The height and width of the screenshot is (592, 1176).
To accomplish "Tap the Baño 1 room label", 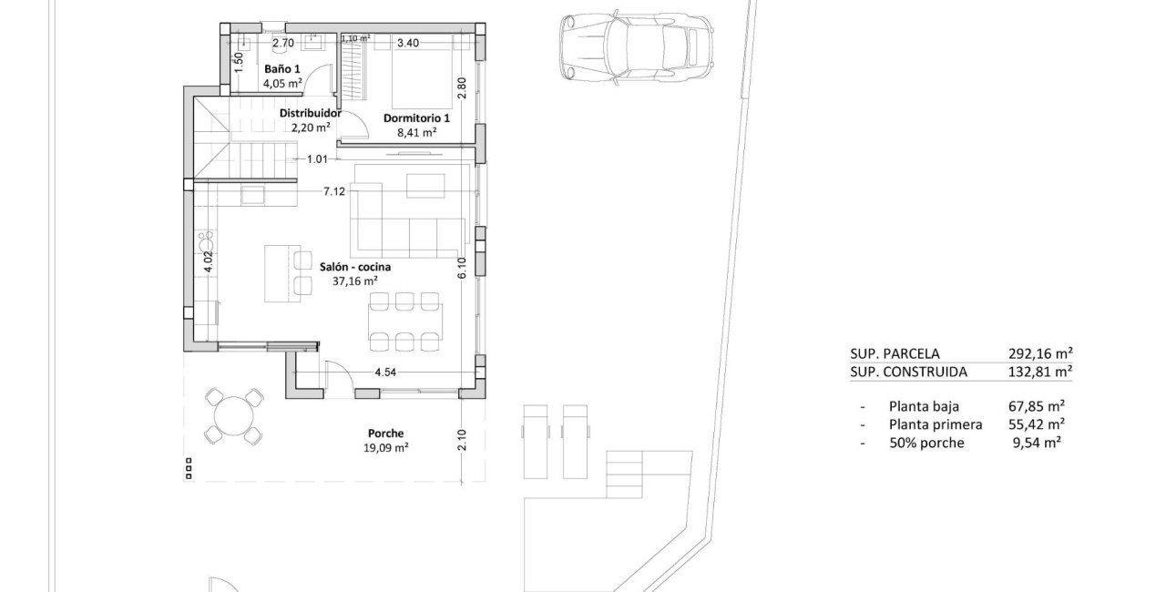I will click(x=281, y=69).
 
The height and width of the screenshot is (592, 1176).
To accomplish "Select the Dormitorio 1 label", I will click(x=417, y=118).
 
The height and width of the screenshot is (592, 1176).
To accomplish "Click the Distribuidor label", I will click(x=310, y=114).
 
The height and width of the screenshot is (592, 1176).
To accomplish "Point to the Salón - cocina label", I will click(x=355, y=267).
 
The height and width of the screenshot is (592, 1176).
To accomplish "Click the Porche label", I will click(x=385, y=434).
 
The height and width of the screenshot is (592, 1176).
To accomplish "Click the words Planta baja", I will click(x=923, y=407).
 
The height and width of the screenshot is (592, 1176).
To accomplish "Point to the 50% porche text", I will click(x=925, y=443).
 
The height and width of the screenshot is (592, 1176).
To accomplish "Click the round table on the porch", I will click(x=234, y=416).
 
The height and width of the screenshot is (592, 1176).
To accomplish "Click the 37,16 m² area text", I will click(x=355, y=281).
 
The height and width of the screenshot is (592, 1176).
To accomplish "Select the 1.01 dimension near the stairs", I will click(x=317, y=159).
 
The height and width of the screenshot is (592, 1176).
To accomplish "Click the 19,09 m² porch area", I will click(x=385, y=447).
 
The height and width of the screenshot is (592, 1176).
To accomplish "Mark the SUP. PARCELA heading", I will click(x=894, y=353).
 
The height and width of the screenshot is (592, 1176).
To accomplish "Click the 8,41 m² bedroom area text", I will click(x=417, y=132).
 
